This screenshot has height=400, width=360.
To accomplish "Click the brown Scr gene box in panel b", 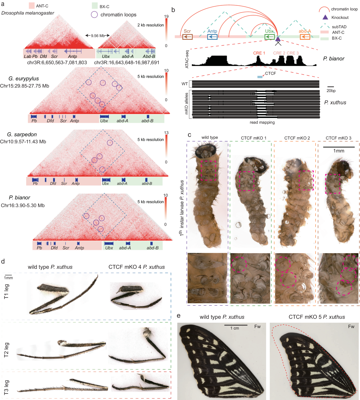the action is click(x=187, y=37).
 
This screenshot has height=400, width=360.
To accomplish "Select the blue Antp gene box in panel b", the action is click(x=212, y=37).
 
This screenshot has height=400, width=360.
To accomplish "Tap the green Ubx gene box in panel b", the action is click(x=269, y=37).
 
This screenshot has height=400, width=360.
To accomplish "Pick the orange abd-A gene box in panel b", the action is click(x=305, y=37).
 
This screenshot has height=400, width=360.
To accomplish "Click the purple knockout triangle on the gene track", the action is click(x=278, y=38).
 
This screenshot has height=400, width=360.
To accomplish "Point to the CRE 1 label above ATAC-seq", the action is click(x=259, y=53).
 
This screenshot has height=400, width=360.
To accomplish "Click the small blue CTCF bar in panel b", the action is click(x=260, y=77).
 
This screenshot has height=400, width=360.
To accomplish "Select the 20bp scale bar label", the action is click(x=331, y=90).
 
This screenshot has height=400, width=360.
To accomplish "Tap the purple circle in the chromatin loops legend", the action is click(x=94, y=14).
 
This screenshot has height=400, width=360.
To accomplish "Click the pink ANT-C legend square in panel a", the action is click(x=31, y=6).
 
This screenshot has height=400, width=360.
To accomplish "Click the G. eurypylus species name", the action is click(x=24, y=79).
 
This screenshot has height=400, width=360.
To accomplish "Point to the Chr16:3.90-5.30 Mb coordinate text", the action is click(x=23, y=205).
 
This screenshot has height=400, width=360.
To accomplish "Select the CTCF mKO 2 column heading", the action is click(x=297, y=138).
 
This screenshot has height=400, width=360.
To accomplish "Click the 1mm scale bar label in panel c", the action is click(x=339, y=151).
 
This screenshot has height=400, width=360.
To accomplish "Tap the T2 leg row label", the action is click(x=6, y=350).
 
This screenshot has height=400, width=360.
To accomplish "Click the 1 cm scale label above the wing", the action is click(x=235, y=328).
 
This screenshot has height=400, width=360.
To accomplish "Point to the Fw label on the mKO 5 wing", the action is click(x=351, y=326).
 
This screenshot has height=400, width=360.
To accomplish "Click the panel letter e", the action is click(x=179, y=316).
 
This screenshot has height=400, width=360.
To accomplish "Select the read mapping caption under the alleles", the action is click(x=262, y=122).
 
